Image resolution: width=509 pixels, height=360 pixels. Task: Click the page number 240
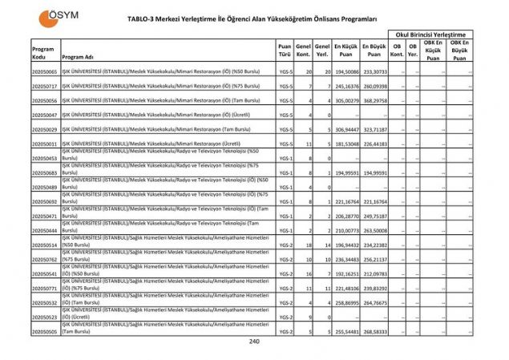pos(254,341)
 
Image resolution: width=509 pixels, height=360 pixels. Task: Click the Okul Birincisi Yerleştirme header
pos(429,34)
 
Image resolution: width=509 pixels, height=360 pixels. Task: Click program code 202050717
pos(44,87)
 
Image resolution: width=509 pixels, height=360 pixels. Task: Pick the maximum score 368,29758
pos(374,101)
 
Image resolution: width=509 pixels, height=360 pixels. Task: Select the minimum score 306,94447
pos(345,129)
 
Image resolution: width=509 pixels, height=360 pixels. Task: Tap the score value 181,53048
pos(345,144)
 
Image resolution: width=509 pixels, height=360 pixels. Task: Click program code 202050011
pos(44,144)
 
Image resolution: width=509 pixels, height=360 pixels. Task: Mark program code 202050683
pos(44,172)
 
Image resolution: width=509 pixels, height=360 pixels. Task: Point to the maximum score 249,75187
pos(374,216)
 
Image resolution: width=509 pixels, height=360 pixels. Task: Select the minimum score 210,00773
pos(345,231)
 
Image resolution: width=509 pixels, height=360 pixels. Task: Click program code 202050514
pos(44,245)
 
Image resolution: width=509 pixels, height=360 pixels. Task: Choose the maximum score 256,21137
pos(374,259)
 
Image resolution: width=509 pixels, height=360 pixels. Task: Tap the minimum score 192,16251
pos(345,273)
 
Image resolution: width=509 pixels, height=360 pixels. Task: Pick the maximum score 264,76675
pos(374,302)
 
